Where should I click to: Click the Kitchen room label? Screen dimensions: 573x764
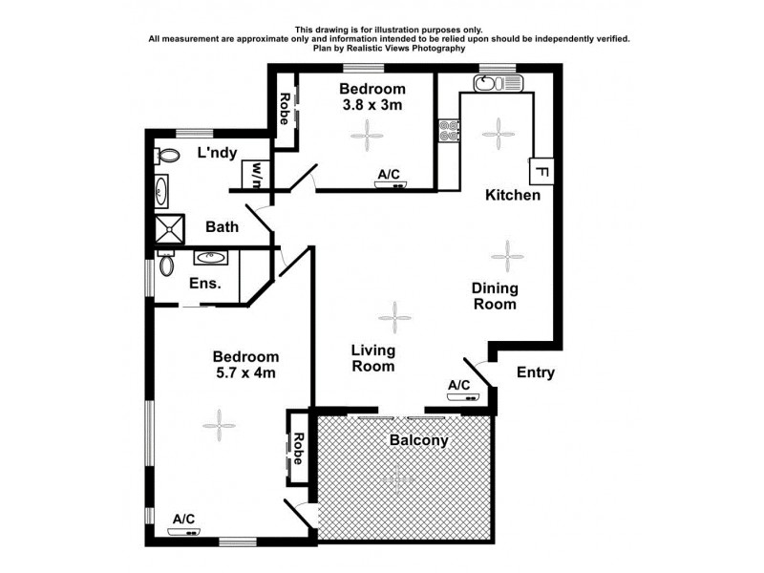[513, 195]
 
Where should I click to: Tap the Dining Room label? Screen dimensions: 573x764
[495, 296]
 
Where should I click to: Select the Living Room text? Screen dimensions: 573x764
[373, 358]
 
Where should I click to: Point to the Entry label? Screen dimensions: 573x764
[535, 372]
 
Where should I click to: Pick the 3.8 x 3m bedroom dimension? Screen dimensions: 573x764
[366, 106]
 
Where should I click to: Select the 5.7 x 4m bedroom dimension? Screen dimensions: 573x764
[245, 373]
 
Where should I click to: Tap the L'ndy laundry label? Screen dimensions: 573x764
[217, 153]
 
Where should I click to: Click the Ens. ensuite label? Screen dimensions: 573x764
[205, 283]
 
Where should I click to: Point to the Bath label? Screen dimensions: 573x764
[222, 227]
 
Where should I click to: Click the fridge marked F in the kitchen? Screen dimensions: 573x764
[540, 173]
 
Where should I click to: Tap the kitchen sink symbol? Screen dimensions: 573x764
[498, 83]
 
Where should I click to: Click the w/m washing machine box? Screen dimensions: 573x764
[255, 175]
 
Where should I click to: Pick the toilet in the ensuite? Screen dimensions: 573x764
[167, 263]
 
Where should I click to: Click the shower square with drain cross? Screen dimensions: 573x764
[170, 228]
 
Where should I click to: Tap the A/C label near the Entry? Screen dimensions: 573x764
[458, 385]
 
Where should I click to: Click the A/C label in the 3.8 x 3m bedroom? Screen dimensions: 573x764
[389, 174]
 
